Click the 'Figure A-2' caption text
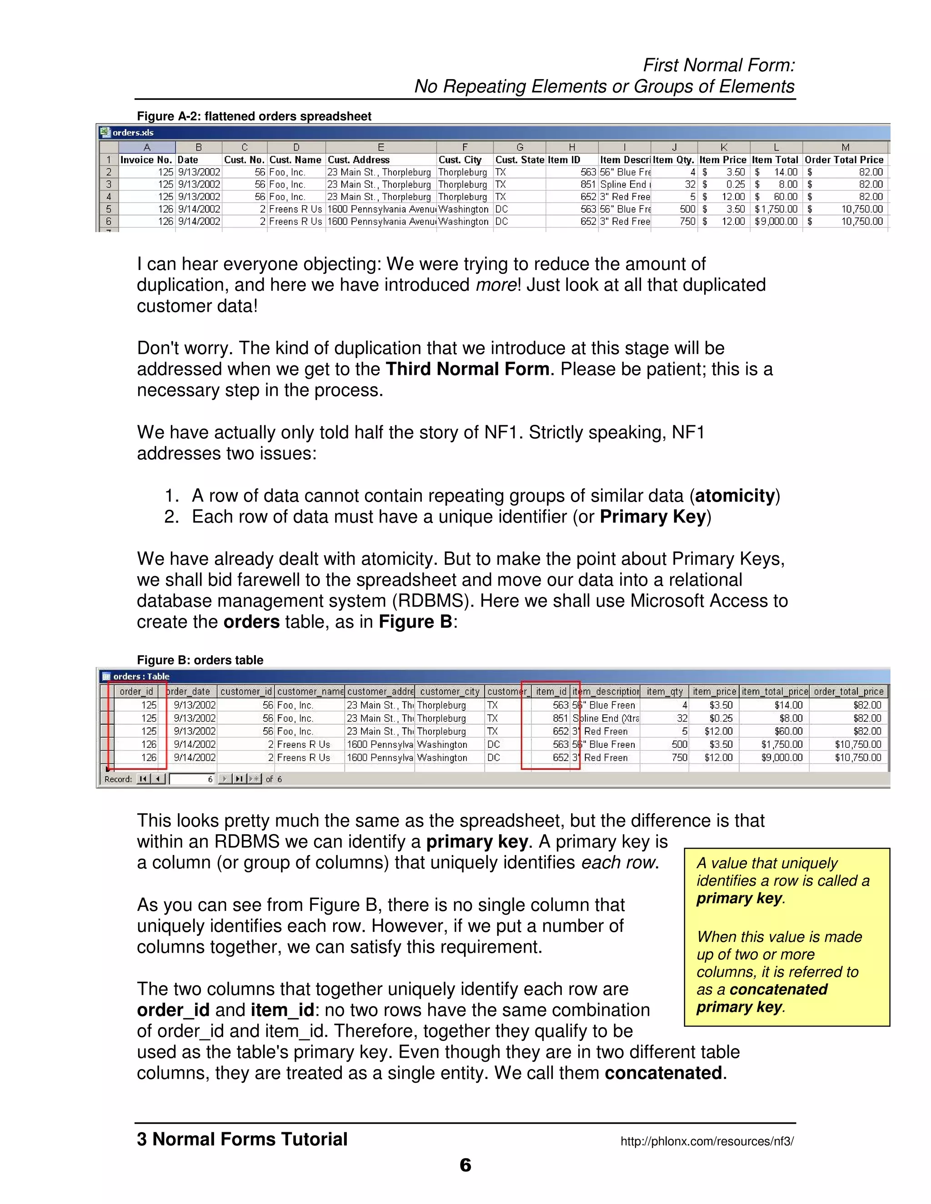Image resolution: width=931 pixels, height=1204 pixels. pyautogui.click(x=254, y=116)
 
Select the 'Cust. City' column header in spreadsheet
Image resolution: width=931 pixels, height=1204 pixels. pyautogui.click(x=460, y=160)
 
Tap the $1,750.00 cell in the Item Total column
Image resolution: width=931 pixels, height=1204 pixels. pyautogui.click(x=776, y=209)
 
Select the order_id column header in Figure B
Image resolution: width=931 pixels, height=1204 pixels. pyautogui.click(x=136, y=692)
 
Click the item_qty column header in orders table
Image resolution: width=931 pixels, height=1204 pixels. pyautogui.click(x=665, y=692)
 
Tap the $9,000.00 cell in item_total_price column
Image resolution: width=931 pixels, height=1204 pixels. pyautogui.click(x=781, y=757)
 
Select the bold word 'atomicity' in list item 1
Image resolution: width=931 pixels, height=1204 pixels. pyautogui.click(x=734, y=496)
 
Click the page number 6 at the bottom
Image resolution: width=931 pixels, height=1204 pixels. pyautogui.click(x=465, y=1165)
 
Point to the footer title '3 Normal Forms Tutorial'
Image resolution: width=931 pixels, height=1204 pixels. pyautogui.click(x=242, y=1139)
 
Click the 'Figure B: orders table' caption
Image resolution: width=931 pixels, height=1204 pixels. pyautogui.click(x=200, y=660)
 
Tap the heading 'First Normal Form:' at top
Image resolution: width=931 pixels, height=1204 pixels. pyautogui.click(x=719, y=65)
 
